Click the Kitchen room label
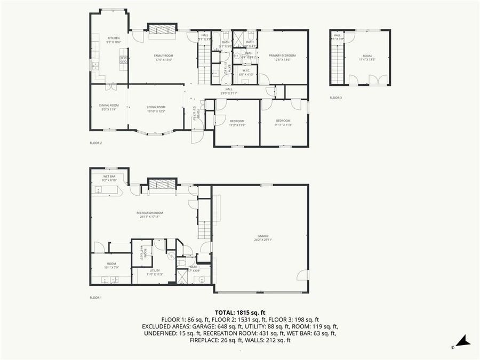[x=114, y=39]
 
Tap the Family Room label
[x=164, y=57]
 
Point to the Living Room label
[x=156, y=109]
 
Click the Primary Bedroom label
[x=282, y=57]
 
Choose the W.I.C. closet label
[x=246, y=72]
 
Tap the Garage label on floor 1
[x=263, y=237]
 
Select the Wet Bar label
[x=109, y=179]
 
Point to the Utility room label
[x=156, y=273]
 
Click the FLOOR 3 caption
[x=335, y=98]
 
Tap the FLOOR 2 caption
[x=95, y=143]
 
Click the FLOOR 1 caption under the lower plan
[x=95, y=297]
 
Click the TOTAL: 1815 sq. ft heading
[x=240, y=313]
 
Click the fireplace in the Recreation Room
[x=161, y=184]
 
